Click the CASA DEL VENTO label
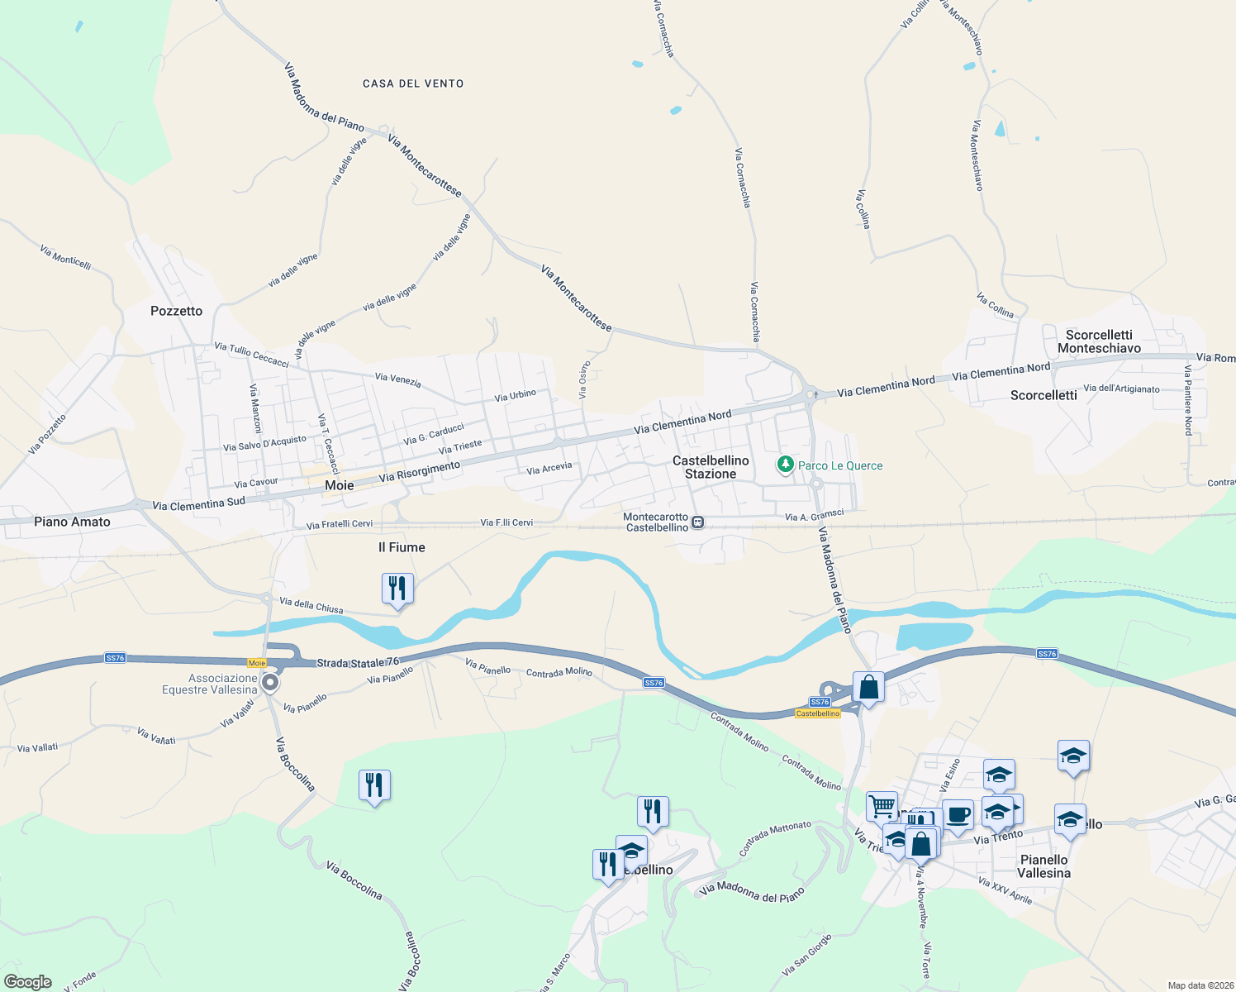pos(413,83)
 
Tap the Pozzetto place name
pos(176,311)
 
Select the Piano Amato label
pos(72,522)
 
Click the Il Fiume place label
pos(402,547)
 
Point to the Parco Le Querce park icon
pos(785,465)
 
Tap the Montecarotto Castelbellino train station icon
pos(698,522)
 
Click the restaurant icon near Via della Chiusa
pos(398,589)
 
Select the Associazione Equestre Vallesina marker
pos(270,683)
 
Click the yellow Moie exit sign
pos(257,663)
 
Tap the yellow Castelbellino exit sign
pos(817,713)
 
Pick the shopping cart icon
pos(882,805)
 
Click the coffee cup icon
pos(958,816)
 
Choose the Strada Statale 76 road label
pos(358,663)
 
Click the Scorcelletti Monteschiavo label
pos(1099,341)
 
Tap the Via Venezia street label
pos(397,380)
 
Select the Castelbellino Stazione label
pos(711,467)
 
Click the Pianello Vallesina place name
pos(1043,866)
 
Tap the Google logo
pos(27,982)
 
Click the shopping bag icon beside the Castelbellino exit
pos(868,687)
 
